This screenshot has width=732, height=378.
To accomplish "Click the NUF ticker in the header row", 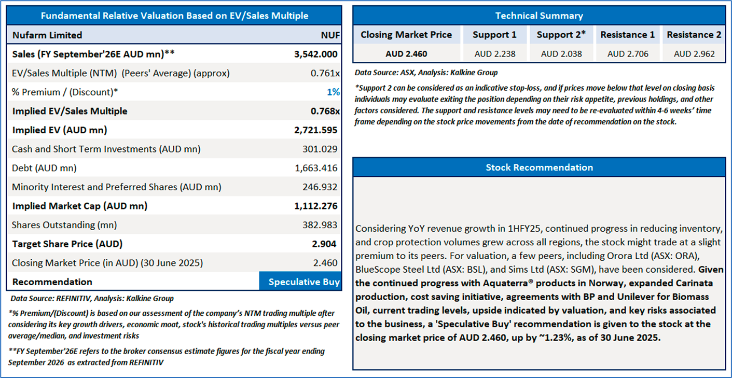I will click(330, 35).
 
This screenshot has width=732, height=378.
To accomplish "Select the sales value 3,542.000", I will click(315, 54).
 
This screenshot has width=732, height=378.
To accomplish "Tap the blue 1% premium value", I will click(334, 92).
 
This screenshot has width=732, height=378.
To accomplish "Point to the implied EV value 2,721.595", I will click(315, 130).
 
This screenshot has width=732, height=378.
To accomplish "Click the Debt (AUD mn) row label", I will click(44, 168).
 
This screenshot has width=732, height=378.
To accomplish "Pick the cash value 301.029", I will click(320, 149).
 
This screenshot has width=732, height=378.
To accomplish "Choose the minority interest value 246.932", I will click(320, 187).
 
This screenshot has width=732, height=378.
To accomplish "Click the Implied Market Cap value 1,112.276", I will click(315, 206).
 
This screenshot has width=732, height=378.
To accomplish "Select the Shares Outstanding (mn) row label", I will click(64, 225).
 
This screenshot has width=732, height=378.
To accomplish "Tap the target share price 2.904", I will click(325, 244).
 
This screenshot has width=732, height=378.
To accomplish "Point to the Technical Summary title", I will click(539, 16).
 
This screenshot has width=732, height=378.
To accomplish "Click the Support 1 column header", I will click(494, 35).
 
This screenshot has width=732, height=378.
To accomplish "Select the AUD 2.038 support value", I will click(561, 54).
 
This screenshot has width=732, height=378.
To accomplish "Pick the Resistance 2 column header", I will click(694, 35).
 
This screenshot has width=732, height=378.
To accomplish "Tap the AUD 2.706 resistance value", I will click(628, 54).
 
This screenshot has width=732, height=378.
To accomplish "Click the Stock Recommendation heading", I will click(539, 167).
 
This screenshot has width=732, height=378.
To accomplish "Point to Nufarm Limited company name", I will click(47, 35).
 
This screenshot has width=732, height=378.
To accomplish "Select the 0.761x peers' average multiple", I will click(325, 73).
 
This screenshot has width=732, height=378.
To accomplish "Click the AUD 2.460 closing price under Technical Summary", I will click(406, 54).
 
